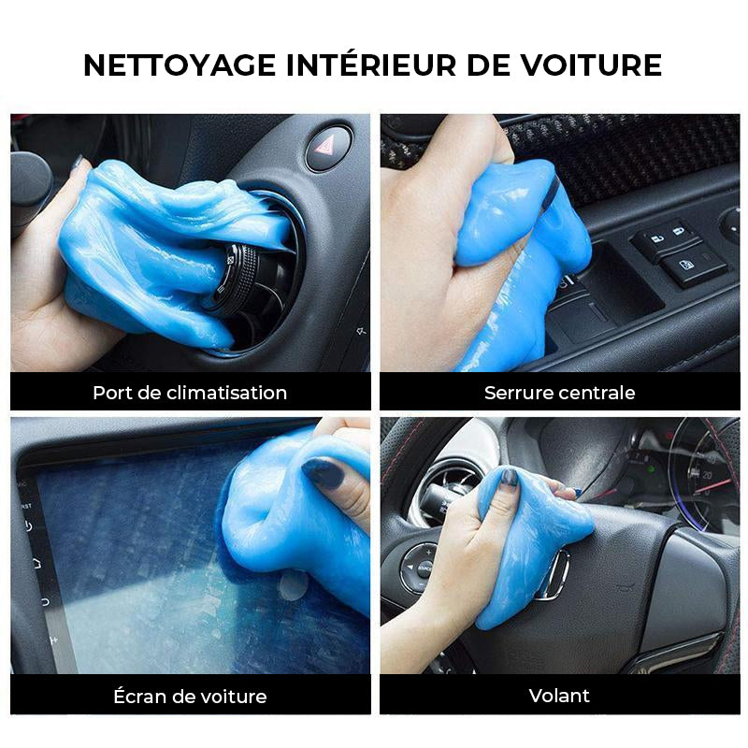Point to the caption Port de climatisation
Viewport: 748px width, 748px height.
190,392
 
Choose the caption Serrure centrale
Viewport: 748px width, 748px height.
559,392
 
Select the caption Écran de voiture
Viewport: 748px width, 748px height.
190,696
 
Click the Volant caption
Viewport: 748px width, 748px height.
559,695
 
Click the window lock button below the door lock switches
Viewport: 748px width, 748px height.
694,268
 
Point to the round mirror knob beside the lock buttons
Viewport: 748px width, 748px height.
730,224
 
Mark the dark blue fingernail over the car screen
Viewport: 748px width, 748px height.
324,473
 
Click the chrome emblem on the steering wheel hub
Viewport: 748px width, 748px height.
557,573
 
